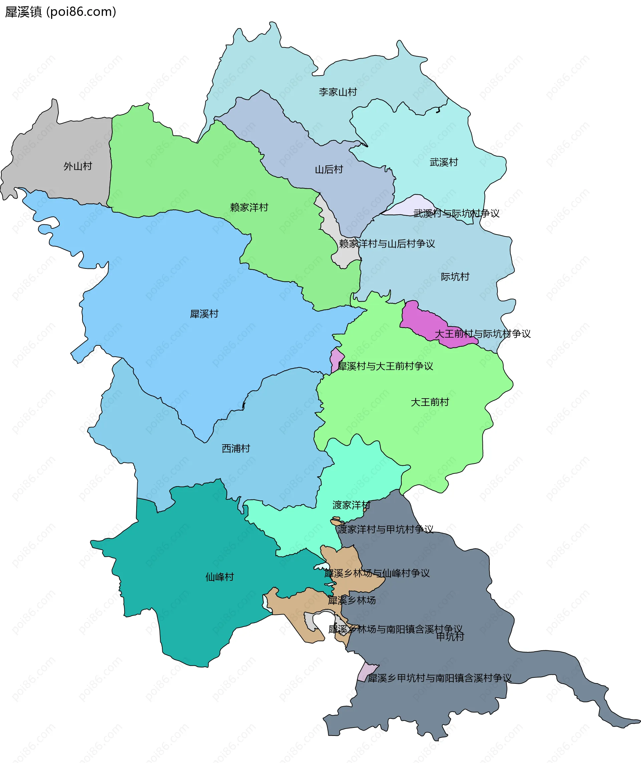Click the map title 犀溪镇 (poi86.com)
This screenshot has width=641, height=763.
[x=60, y=12]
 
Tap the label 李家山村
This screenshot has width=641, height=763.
[x=338, y=92]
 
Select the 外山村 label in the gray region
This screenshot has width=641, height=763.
[x=78, y=166]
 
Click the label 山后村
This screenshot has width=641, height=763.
[x=329, y=170]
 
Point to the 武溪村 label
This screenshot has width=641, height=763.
[x=443, y=162]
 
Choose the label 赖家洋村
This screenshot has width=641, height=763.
[x=249, y=207]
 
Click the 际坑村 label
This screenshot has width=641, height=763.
[x=455, y=277]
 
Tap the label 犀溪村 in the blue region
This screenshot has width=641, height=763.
[x=204, y=314]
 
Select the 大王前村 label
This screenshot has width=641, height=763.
[x=430, y=402]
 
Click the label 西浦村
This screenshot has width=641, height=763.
[x=236, y=449]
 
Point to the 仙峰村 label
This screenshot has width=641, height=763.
[x=219, y=577]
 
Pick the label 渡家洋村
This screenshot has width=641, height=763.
[x=351, y=505]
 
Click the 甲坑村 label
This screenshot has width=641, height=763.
[x=450, y=636]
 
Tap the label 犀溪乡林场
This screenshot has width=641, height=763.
[x=352, y=600]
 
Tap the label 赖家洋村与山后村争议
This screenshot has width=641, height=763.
[x=387, y=244]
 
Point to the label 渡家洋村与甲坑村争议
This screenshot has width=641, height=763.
[x=385, y=529]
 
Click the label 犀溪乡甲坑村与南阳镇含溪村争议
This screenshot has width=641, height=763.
[x=439, y=678]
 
